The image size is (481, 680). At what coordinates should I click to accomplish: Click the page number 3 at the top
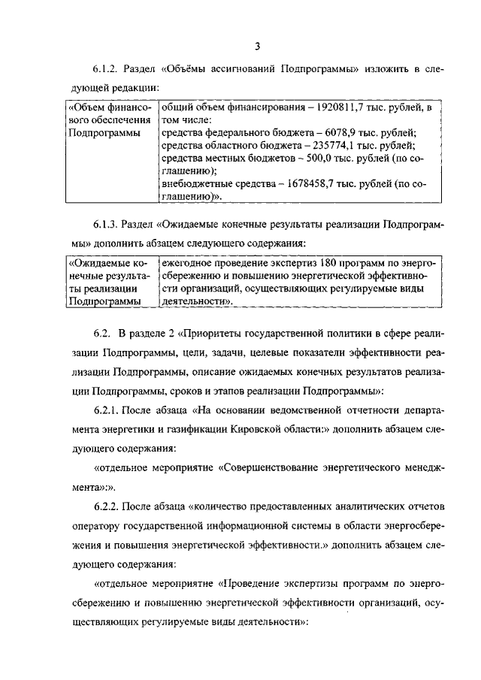(x=256, y=47)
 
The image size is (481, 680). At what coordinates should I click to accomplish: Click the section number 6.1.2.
(x=108, y=70)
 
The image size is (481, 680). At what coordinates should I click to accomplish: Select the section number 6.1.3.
(x=108, y=224)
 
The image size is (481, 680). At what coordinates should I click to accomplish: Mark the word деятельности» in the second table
(x=194, y=301)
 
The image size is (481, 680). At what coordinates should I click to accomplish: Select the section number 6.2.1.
(x=108, y=411)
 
